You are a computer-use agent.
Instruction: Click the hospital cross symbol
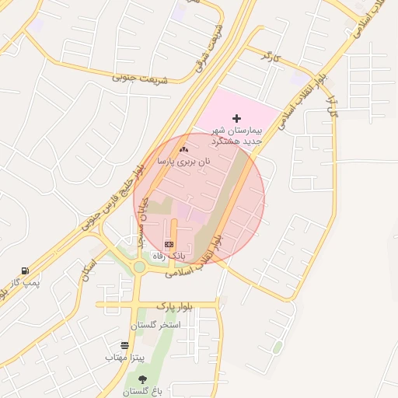tap(237, 117)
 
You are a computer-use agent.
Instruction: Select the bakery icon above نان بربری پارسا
tap(183, 148)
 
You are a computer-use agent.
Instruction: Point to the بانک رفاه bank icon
tap(169, 244)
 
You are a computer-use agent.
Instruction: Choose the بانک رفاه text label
tap(169, 256)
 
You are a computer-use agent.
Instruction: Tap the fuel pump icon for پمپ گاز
tap(26, 271)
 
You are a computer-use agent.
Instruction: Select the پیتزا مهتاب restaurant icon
tap(125, 345)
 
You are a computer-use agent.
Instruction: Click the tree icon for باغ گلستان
tap(142, 379)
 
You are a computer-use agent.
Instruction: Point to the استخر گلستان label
tap(159, 324)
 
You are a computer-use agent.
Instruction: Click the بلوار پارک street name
tap(174, 305)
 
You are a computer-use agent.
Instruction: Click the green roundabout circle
tap(139, 267)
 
